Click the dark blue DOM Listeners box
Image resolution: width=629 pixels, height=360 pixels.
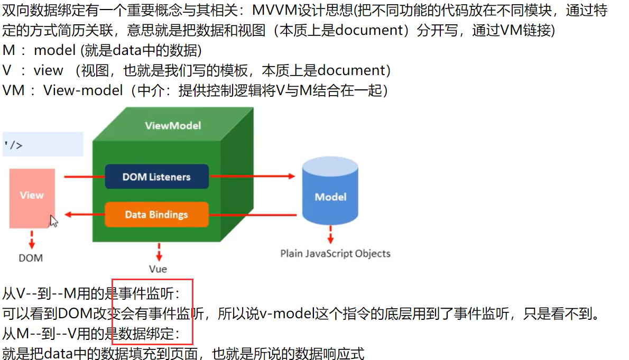click(x=156, y=177)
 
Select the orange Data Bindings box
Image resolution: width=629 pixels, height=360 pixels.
click(x=156, y=215)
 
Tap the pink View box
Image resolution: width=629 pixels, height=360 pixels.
click(x=32, y=198)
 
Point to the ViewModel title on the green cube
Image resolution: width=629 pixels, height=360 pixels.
click(x=173, y=126)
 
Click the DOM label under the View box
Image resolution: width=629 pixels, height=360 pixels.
click(x=31, y=258)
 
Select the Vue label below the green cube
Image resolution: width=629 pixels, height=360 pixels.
click(x=158, y=269)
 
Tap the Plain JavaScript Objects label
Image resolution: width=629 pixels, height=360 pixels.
click(x=335, y=253)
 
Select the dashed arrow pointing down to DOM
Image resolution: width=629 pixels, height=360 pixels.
click(x=32, y=239)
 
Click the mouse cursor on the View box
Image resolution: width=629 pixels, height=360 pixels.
click(x=53, y=220)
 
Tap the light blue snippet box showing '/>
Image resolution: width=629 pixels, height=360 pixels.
click(x=42, y=144)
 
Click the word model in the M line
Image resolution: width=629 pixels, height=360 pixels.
click(x=54, y=51)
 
